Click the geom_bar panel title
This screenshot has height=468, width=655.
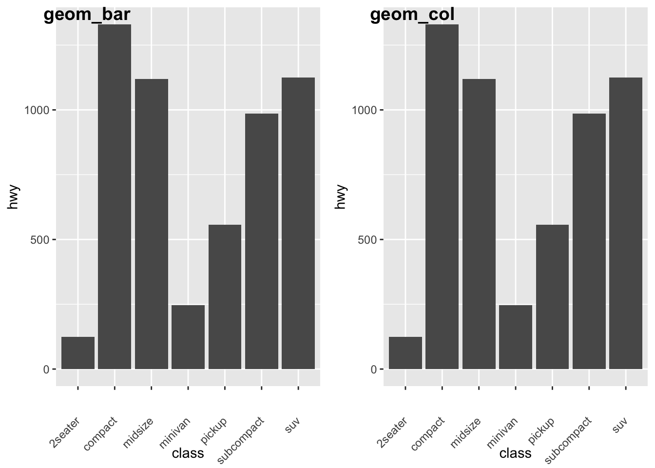pyautogui.click(x=87, y=16)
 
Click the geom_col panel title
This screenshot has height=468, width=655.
pyautogui.click(x=412, y=16)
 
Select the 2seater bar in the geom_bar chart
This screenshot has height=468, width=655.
pyautogui.click(x=78, y=353)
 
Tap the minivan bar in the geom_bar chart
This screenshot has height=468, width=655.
pyautogui.click(x=188, y=337)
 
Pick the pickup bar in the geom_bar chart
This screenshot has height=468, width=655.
pyautogui.click(x=225, y=296)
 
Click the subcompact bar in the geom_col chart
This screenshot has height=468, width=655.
pyautogui.click(x=589, y=241)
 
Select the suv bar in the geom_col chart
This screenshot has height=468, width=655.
pyautogui.click(x=626, y=223)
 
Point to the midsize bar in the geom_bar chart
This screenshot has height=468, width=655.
pyautogui.click(x=152, y=224)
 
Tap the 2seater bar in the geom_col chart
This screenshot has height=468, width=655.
pyautogui.click(x=405, y=353)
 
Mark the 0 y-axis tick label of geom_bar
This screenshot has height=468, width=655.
pyautogui.click(x=46, y=370)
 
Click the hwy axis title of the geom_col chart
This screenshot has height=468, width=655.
pyautogui.click(x=341, y=196)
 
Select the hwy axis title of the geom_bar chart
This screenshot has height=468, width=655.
pyautogui.click(x=13, y=196)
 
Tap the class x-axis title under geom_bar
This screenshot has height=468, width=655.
pyautogui.click(x=188, y=453)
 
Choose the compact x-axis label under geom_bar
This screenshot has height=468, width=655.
pyautogui.click(x=100, y=433)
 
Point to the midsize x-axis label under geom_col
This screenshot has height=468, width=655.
pyautogui.click(x=465, y=432)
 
